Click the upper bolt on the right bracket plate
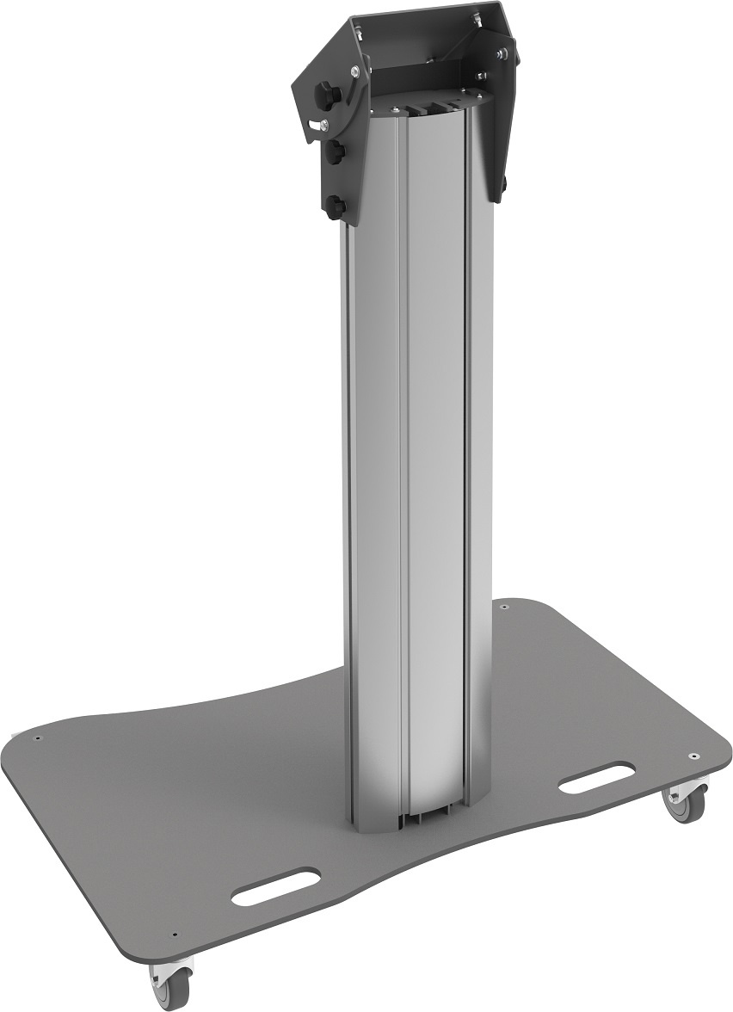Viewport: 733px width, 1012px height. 502,54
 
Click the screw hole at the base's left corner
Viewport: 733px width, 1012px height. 38,737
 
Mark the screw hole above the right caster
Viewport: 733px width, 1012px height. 692,756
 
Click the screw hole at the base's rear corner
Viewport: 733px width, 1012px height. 502,608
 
